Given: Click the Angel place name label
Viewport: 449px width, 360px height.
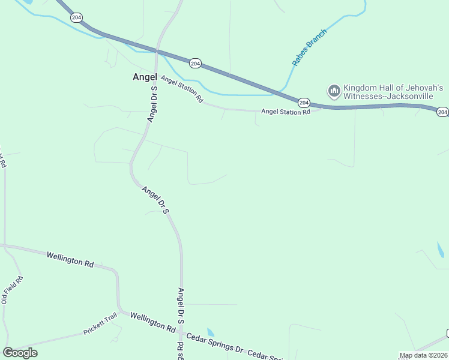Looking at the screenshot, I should click(x=144, y=77).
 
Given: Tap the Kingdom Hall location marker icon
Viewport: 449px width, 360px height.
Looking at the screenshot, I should click(x=334, y=92).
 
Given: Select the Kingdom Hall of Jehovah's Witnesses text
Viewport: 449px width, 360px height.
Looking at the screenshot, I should click(x=393, y=92).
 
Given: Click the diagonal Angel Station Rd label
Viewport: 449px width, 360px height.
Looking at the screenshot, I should click(x=182, y=90).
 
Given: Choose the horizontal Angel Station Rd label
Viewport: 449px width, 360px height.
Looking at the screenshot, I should click(x=286, y=112).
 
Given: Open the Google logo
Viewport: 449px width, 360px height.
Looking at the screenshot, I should click(x=20, y=353).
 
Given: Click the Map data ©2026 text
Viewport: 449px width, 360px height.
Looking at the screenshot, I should click(x=423, y=355).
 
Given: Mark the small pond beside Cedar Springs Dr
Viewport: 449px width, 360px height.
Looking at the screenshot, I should click(x=210, y=332).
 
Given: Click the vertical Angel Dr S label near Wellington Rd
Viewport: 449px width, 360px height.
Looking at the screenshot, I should click(x=180, y=306).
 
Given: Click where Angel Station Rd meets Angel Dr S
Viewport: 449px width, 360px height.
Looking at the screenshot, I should click(x=157, y=77).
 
